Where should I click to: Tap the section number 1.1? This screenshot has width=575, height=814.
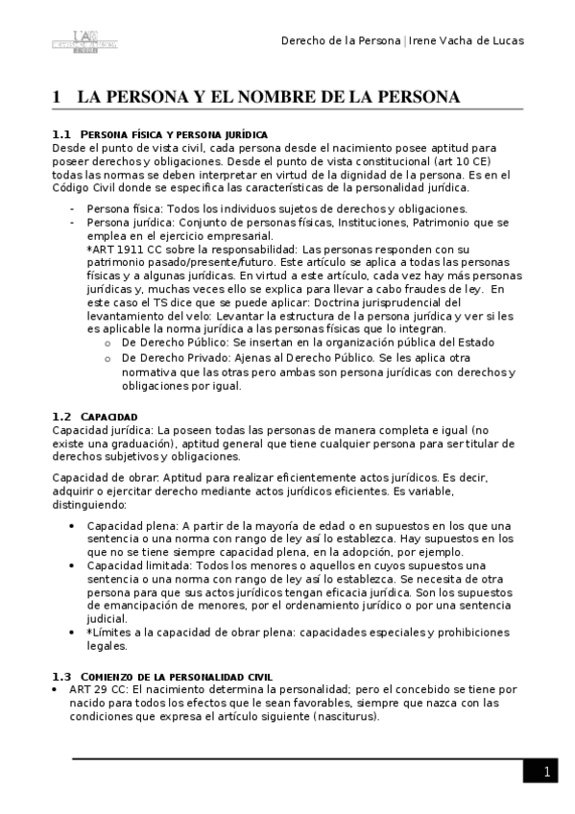[61, 134]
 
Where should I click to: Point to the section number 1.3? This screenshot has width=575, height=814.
[61, 677]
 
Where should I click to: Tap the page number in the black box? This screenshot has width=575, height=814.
[545, 772]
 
